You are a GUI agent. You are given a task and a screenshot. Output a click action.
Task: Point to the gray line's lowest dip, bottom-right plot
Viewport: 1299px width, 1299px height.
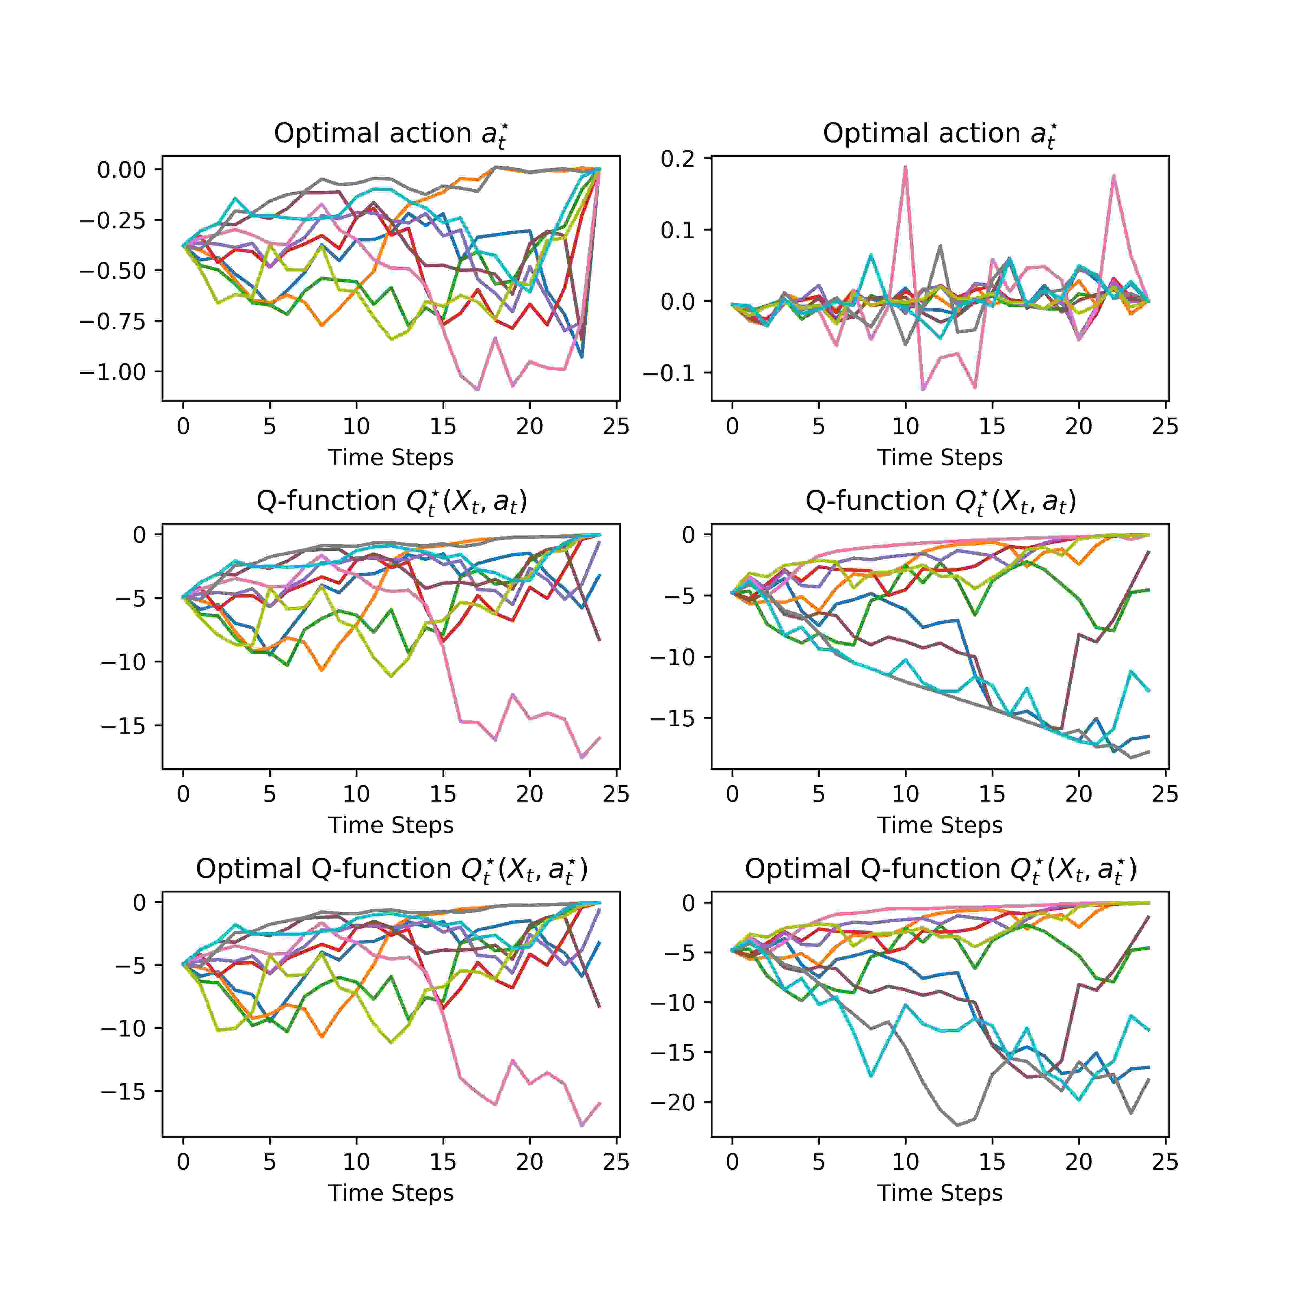[957, 1125]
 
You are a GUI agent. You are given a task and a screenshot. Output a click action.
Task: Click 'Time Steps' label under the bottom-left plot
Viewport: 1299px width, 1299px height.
[391, 1193]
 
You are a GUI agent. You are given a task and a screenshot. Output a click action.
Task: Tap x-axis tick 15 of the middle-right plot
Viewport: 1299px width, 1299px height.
[992, 794]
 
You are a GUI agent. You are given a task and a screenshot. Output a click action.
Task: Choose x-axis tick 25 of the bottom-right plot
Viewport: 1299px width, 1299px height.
[1165, 1161]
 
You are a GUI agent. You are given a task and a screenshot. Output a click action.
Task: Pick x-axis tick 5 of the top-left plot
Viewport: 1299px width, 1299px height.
[270, 426]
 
